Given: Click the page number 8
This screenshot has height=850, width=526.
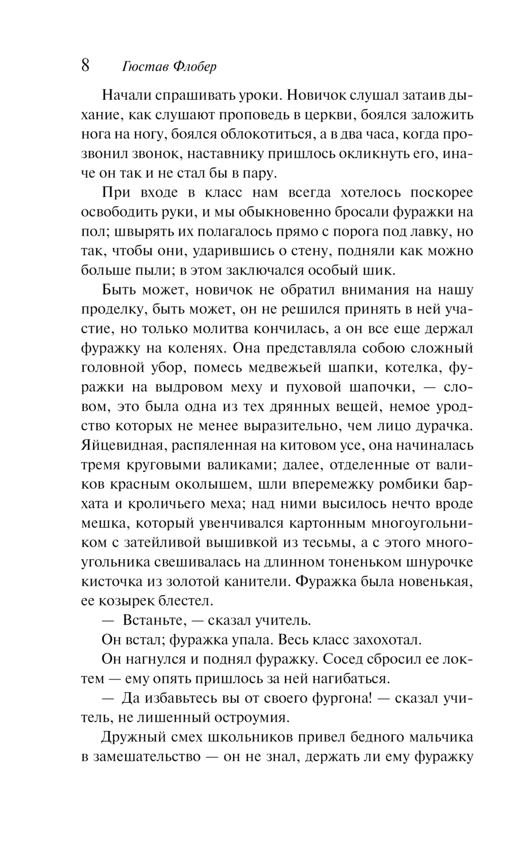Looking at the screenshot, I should [x=85, y=66].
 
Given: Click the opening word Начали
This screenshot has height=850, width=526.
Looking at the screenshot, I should [x=128, y=96].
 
